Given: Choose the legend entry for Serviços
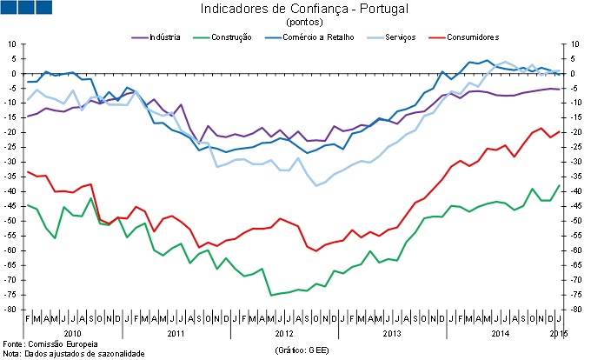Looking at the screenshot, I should tap(392, 37).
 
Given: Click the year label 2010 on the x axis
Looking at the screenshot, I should tap(72, 333).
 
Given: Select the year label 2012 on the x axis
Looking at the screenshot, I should tap(283, 333).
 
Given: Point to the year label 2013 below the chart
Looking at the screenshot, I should tap(391, 333).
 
